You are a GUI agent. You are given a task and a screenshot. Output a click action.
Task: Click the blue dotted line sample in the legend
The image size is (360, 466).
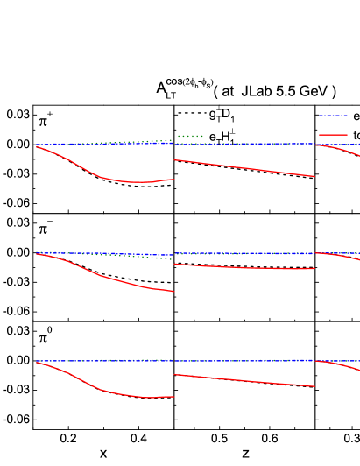click(333, 116)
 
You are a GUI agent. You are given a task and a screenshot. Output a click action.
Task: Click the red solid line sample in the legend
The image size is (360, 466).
click(333, 135)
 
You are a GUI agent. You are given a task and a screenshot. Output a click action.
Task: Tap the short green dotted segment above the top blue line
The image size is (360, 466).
click(190, 136)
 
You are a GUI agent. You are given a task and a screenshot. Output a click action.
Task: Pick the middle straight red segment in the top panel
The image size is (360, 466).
click(245, 168)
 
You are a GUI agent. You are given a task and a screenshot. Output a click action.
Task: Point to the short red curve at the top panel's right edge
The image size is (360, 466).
click(342, 149)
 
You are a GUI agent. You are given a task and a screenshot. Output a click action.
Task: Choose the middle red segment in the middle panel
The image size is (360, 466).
click(245, 267)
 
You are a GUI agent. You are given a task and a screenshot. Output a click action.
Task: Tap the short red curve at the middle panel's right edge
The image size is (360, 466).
click(342, 256)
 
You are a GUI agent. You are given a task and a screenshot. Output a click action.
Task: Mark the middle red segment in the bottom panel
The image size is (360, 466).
click(245, 380)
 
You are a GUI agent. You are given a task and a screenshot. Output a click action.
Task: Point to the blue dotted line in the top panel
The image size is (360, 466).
click(245, 144)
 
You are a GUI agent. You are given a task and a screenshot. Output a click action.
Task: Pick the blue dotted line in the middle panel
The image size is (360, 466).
click(245, 253)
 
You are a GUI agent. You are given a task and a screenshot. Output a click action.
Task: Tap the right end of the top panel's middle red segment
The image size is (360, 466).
click(314, 176)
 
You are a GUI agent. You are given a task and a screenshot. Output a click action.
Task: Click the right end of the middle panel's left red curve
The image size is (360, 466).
click(173, 291)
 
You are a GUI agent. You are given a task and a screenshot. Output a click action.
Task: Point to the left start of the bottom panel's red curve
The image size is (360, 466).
click(38, 363)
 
